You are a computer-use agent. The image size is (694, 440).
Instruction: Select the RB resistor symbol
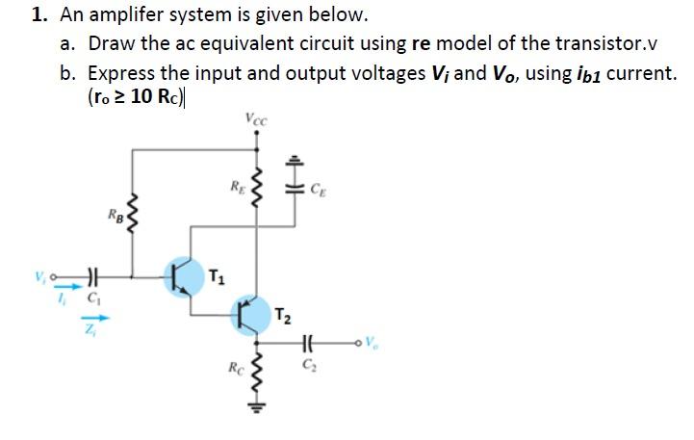tap(133, 211)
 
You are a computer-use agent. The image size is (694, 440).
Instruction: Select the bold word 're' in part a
tap(421, 44)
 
